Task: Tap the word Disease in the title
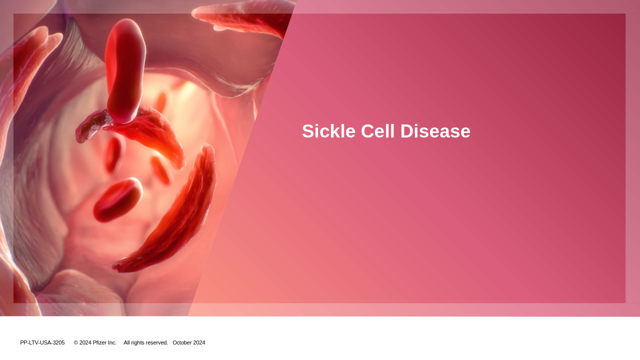[x=435, y=131]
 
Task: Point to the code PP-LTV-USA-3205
[x=42, y=342]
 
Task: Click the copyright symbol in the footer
[x=76, y=342]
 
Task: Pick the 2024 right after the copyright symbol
[x=85, y=342]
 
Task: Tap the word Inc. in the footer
[x=112, y=342]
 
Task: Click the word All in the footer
[x=126, y=342]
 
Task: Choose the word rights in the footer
[x=138, y=343]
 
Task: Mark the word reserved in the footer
[x=157, y=342]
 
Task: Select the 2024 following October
[x=199, y=342]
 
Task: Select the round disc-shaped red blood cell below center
[x=117, y=199]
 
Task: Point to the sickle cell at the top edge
[x=243, y=17]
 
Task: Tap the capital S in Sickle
[x=308, y=131]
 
